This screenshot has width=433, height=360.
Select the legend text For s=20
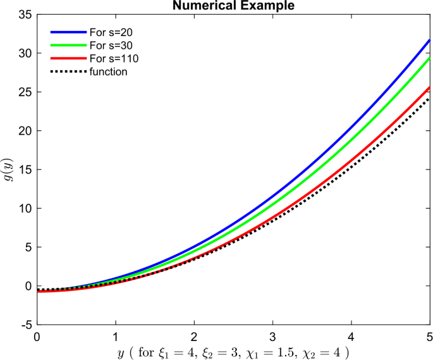(x=111, y=31)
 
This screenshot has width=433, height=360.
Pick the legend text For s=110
(x=114, y=58)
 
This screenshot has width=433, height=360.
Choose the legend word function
(x=108, y=72)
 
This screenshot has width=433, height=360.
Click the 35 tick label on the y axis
(x=25, y=15)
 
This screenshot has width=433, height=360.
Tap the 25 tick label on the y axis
(x=25, y=92)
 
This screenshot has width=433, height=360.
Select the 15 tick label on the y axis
(x=25, y=170)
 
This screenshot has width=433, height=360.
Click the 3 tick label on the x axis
(x=272, y=336)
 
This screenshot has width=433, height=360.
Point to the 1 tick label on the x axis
(x=116, y=336)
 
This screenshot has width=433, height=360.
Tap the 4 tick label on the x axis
(x=351, y=336)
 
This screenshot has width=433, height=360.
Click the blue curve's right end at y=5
(x=429, y=40)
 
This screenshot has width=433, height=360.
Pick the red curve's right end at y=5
(x=429, y=87)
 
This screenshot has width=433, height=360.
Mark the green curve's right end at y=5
(x=429, y=58)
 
